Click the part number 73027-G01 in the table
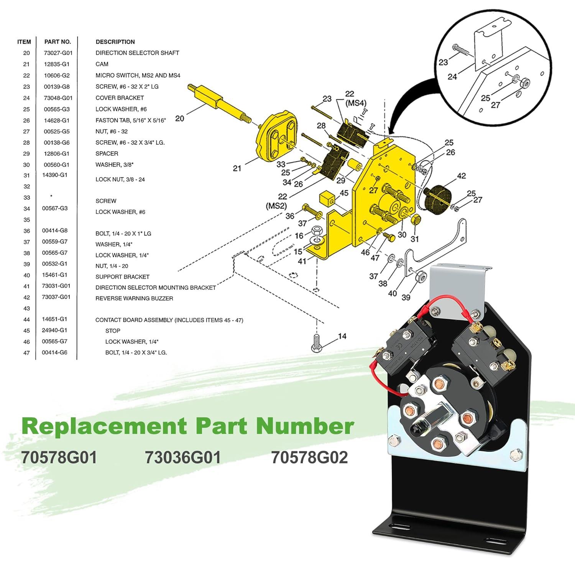click(x=58, y=53)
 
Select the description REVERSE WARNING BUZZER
click(x=134, y=298)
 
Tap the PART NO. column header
click(x=58, y=42)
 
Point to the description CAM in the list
click(x=102, y=64)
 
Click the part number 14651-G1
click(x=54, y=319)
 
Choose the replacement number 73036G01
click(x=183, y=457)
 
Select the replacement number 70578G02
click(x=309, y=457)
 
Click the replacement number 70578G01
click(x=59, y=457)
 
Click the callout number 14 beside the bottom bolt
click(x=342, y=336)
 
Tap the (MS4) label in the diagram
click(x=356, y=103)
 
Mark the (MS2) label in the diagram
click(x=276, y=206)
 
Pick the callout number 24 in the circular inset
click(x=452, y=77)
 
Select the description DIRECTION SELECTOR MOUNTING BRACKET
click(x=155, y=287)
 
